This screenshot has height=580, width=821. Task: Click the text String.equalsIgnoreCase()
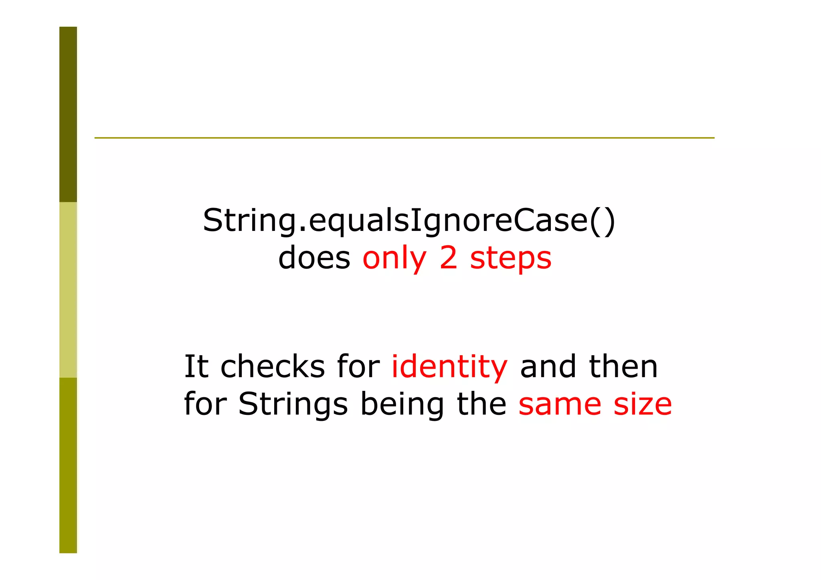tap(409, 220)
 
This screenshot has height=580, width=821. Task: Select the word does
tap(314, 258)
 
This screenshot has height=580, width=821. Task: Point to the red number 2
tap(448, 258)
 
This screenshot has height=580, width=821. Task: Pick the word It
tap(196, 366)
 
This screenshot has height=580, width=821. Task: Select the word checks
tap(273, 366)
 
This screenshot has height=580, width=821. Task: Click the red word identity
tap(449, 367)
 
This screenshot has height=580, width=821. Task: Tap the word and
tap(548, 366)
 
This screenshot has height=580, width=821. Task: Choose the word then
tap(623, 366)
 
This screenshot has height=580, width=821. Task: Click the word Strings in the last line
tap(293, 404)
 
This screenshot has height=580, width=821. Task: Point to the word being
tap(402, 404)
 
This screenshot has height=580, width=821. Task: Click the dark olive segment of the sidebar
tap(68, 114)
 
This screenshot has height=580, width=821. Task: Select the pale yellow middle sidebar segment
tap(68, 289)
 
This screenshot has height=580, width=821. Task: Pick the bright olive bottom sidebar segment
tap(68, 465)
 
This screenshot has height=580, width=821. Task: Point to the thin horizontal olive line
tap(404, 138)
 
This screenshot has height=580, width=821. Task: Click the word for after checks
tap(358, 366)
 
